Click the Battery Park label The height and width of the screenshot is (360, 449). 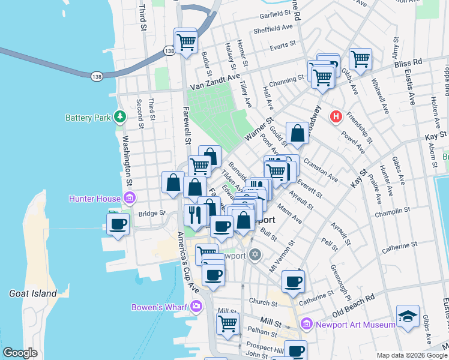(x=88, y=117)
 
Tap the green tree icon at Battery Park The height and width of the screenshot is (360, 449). (x=120, y=116)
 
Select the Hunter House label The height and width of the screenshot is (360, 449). (x=95, y=197)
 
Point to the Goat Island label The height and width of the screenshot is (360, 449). (x=33, y=293)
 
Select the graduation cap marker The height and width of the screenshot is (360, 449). (x=408, y=316)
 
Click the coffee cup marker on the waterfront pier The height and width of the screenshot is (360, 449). (x=118, y=224)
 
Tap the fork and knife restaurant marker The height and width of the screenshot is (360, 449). (x=194, y=214)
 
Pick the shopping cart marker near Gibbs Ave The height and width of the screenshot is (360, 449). (x=360, y=59)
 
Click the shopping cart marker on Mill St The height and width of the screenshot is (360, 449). (x=228, y=324)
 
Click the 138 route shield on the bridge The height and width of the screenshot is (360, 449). (x=97, y=76)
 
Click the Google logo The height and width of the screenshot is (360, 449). (x=20, y=352)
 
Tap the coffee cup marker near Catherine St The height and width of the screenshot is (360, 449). (x=293, y=281)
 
